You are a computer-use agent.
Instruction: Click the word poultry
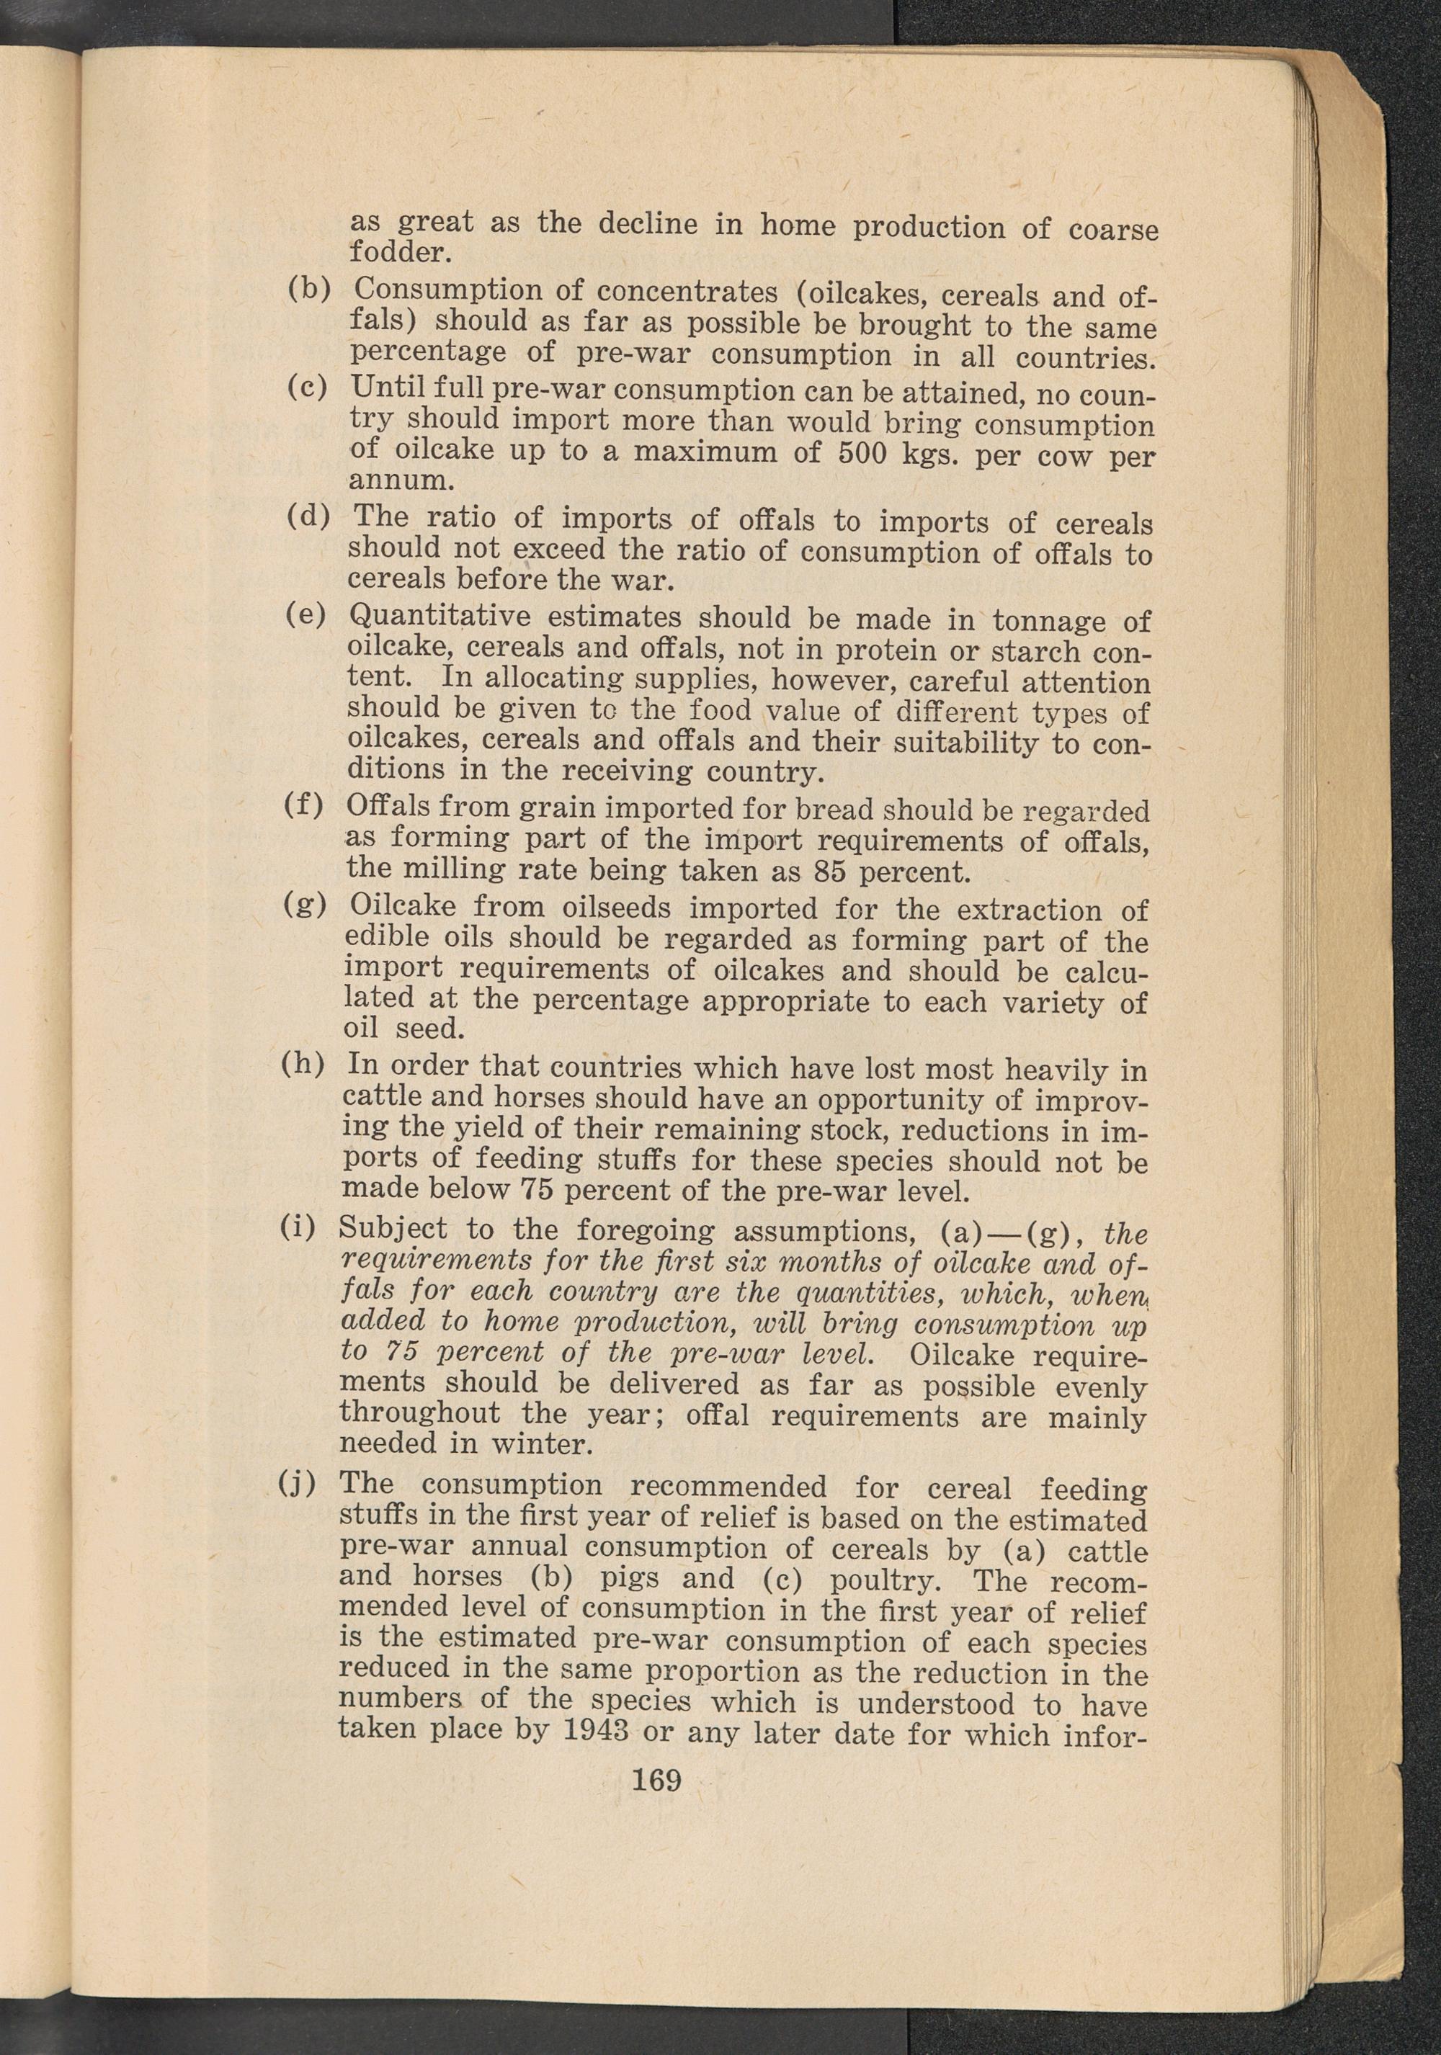tap(885, 1580)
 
